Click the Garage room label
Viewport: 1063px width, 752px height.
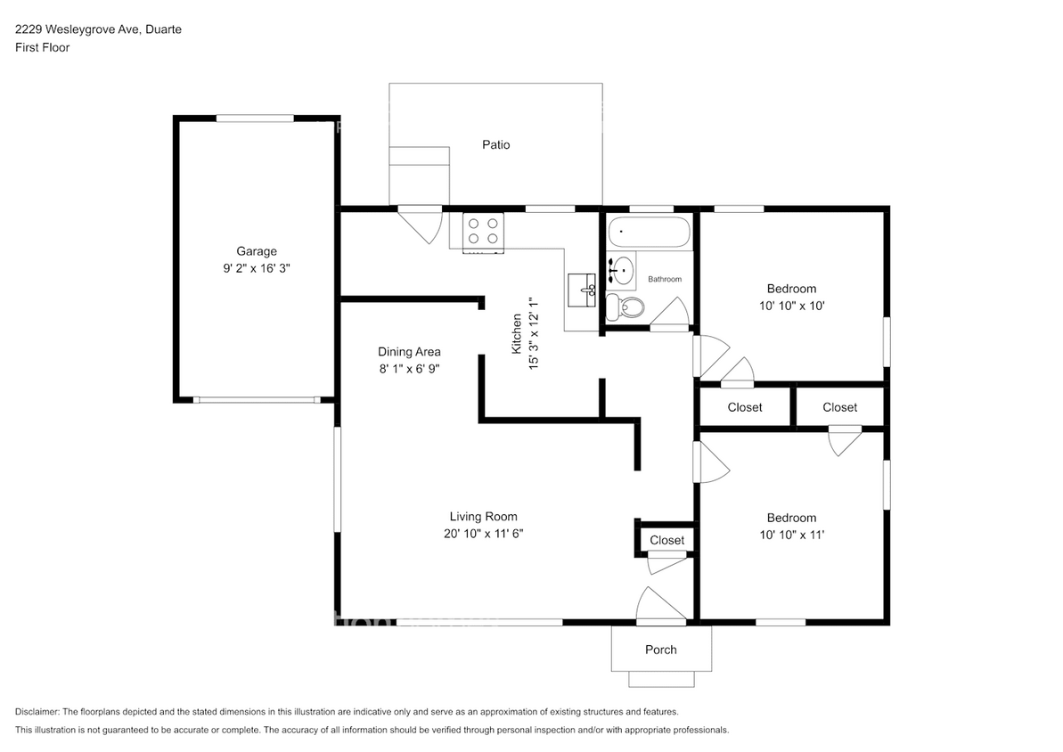tap(256, 251)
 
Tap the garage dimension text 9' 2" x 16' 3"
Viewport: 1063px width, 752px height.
tap(256, 267)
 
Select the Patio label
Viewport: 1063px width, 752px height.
tap(496, 144)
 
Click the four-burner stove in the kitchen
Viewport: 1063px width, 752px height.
tap(483, 232)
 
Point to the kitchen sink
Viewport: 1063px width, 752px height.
tap(583, 290)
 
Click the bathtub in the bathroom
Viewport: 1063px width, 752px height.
tap(649, 233)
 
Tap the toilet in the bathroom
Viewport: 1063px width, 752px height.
tap(629, 308)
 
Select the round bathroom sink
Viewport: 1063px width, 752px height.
tap(622, 268)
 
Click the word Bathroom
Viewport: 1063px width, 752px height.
tap(665, 279)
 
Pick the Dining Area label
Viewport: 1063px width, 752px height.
tap(409, 351)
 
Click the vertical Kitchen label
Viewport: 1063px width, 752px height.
tap(516, 334)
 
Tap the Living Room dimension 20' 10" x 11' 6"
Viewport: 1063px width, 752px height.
tap(483, 533)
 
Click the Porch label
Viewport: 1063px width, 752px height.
tap(660, 650)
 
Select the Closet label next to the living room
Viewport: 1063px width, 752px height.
tap(666, 540)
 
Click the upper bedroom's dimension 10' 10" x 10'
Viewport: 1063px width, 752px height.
tap(791, 305)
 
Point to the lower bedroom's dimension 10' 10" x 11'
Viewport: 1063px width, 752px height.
tap(791, 534)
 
